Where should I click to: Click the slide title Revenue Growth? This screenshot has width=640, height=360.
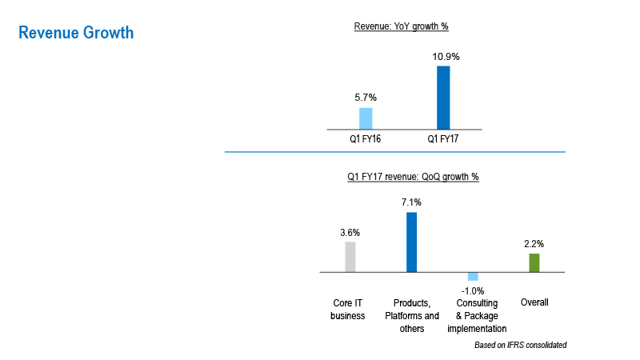click(76, 33)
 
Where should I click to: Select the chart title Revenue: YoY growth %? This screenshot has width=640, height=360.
click(401, 26)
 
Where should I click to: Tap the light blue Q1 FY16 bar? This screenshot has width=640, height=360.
click(366, 118)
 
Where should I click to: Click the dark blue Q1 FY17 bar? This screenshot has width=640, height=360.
click(442, 97)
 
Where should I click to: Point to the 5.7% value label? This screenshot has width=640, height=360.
click(366, 98)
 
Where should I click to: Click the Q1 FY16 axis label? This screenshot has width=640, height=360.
click(366, 139)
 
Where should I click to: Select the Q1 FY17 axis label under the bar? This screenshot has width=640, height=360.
click(442, 139)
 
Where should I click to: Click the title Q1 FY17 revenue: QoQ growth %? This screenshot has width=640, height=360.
click(413, 177)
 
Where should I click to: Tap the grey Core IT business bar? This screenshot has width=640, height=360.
click(350, 257)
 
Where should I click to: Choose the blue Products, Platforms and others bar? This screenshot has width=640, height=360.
click(411, 242)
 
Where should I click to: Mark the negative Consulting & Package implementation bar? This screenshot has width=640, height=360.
click(473, 276)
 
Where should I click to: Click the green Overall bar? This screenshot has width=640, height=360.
click(534, 262)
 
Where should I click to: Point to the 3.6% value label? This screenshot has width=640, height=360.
click(350, 233)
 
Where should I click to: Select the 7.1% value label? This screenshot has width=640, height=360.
click(411, 203)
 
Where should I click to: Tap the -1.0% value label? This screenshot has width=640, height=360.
click(473, 290)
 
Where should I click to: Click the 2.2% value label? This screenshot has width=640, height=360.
click(534, 243)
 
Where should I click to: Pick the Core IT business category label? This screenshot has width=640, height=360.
click(348, 310)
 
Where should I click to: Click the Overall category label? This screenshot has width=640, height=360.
click(534, 303)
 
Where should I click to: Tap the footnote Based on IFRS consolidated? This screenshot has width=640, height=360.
click(520, 345)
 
